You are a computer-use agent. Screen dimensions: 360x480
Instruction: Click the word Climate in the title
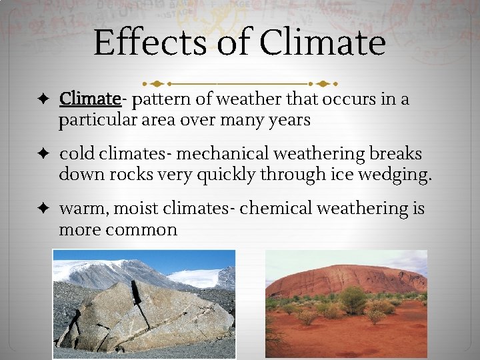(323, 42)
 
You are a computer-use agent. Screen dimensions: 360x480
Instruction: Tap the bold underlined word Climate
(89, 99)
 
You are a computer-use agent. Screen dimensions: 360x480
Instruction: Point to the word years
(288, 120)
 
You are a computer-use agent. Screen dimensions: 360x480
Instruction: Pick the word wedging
(398, 175)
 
